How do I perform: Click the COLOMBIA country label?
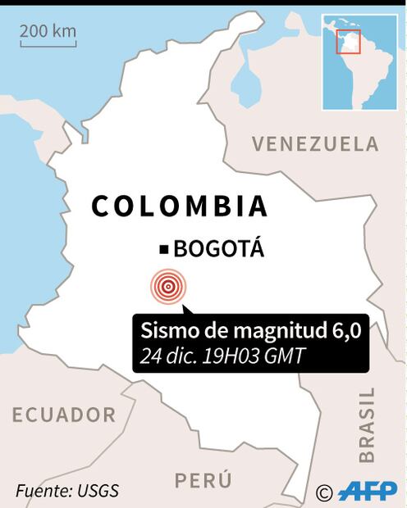[x=179, y=206]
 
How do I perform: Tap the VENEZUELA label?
[x=315, y=144]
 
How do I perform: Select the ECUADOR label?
[x=63, y=415]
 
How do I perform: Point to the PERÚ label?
[x=203, y=480]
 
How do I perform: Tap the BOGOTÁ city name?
[x=219, y=249]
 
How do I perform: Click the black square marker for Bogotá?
[x=164, y=249]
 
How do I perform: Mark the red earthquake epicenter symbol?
[x=168, y=286]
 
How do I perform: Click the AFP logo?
[x=367, y=491]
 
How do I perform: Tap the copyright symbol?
[x=323, y=492]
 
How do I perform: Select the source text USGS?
[x=99, y=491]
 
